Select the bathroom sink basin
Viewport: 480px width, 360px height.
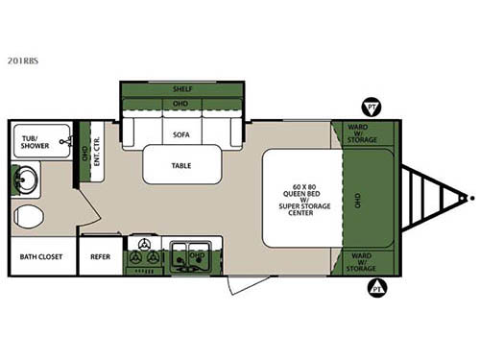[27, 180]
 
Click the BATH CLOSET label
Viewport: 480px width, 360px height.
[40, 257]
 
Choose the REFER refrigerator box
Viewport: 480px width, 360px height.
[100, 257]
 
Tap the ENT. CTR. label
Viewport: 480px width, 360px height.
[95, 155]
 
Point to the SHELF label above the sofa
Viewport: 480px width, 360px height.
[180, 87]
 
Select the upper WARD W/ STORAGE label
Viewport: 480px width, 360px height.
[361, 133]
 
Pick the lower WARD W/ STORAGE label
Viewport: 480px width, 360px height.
[361, 262]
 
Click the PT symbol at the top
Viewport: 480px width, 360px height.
[369, 105]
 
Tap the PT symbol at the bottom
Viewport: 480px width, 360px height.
[378, 286]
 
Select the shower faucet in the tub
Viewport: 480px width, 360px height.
[65, 141]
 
